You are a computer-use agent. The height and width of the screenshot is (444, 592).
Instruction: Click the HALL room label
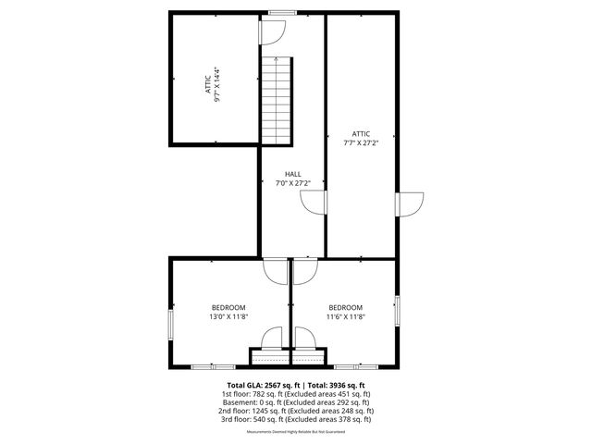pyautogui.click(x=293, y=174)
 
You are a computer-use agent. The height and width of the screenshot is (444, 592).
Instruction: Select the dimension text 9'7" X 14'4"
pyautogui.click(x=218, y=84)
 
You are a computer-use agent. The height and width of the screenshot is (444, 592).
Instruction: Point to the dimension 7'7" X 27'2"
pyautogui.click(x=362, y=142)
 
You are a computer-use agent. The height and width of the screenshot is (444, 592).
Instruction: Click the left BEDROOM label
pyautogui.click(x=228, y=308)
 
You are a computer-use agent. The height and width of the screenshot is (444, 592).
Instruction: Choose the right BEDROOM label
pyautogui.click(x=346, y=308)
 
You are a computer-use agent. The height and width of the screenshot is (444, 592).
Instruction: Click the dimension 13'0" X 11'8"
pyautogui.click(x=228, y=317)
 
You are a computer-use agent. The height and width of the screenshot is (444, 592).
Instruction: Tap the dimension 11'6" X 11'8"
pyautogui.click(x=346, y=317)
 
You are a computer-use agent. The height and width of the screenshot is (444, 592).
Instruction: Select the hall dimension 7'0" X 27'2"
pyautogui.click(x=293, y=183)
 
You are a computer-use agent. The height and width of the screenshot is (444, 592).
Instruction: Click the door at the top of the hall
pyautogui.click(x=271, y=31)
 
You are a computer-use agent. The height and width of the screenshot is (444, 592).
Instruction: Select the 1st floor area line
pyautogui.click(x=296, y=394)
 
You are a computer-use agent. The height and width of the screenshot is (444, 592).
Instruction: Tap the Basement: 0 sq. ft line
pyautogui.click(x=296, y=402)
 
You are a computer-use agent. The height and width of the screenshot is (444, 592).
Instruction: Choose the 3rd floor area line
pyautogui.click(x=296, y=419)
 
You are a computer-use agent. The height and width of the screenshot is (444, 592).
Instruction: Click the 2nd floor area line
pyautogui.click(x=296, y=411)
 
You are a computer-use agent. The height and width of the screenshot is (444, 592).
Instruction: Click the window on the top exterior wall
pyautogui.click(x=282, y=12)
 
